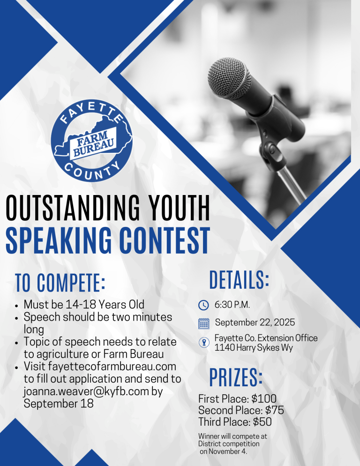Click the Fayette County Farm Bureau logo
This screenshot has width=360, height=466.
(91, 141)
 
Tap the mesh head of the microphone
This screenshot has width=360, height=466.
(229, 78)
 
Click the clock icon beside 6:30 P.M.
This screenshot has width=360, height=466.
(203, 305)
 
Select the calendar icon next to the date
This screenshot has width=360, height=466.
(203, 323)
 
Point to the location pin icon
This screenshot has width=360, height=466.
(203, 342)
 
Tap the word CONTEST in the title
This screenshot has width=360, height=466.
(165, 241)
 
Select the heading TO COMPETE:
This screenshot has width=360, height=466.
(60, 282)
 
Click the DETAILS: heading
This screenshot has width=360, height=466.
(239, 280)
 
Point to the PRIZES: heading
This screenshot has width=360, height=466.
(236, 377)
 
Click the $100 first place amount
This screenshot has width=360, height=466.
(264, 398)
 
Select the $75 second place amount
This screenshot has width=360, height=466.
(275, 410)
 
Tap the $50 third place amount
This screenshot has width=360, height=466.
(262, 422)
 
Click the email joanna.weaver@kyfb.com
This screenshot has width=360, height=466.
(86, 391)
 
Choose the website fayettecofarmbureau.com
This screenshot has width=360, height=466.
(112, 367)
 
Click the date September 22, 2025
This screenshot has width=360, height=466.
(255, 323)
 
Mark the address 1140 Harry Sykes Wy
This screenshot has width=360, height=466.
(254, 347)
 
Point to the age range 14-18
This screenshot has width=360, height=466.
(80, 304)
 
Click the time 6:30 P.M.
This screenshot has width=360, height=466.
(232, 305)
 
